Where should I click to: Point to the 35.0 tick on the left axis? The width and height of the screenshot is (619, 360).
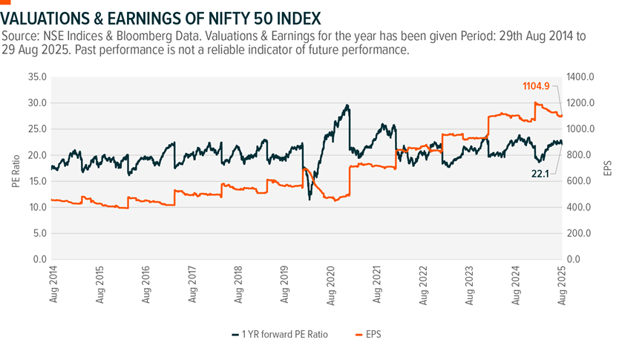click(x=37, y=76)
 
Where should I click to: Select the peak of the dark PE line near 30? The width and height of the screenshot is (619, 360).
click(x=347, y=105)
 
